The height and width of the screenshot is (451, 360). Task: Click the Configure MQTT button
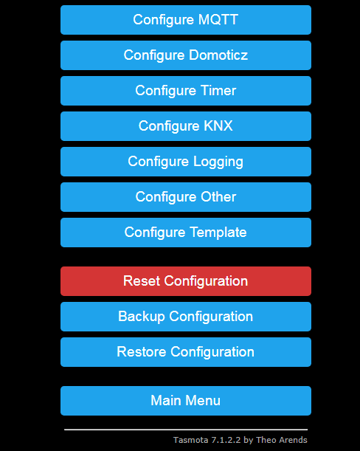pos(185,20)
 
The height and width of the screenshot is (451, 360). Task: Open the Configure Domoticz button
pos(185,55)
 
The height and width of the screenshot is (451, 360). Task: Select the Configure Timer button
pos(185,91)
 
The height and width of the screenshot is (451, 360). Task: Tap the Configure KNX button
pos(185,126)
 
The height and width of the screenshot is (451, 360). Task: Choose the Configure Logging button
pos(185,162)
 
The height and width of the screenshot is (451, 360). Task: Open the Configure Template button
pos(185,233)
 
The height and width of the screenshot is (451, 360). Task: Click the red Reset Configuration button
pos(185,281)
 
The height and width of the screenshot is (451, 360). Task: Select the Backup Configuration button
pos(185,317)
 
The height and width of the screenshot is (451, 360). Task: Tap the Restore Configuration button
pos(185,352)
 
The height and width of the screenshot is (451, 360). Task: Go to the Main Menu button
pos(185,401)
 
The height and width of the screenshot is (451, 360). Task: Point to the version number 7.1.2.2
pos(226,440)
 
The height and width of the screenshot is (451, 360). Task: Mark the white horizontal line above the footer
pos(185,429)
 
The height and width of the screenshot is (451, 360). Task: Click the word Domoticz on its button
pos(218,55)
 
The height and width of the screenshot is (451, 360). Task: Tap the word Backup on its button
pos(142,317)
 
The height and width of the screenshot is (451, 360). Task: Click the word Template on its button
pos(218,233)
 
